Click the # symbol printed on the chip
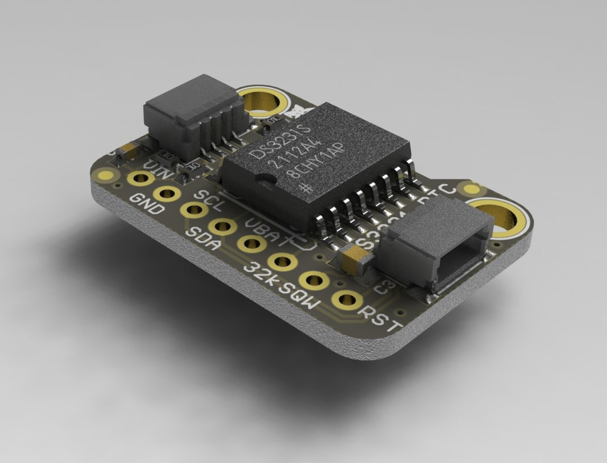(x=307, y=184)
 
